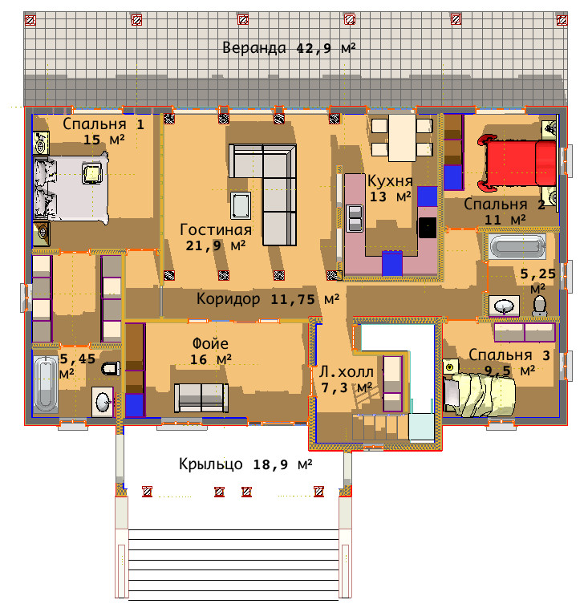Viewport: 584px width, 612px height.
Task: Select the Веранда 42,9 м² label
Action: [x=289, y=48]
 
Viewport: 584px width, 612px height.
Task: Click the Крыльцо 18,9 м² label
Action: [x=245, y=464]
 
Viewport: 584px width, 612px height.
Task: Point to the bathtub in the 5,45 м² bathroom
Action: [x=45, y=384]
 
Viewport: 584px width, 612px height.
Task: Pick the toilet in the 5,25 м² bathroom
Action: [x=540, y=306]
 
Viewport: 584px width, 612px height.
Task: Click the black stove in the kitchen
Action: [x=428, y=228]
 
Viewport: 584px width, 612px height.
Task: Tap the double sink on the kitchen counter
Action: [x=355, y=218]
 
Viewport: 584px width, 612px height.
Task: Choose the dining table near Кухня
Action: [x=402, y=138]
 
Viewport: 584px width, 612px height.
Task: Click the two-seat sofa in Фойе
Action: [x=201, y=397]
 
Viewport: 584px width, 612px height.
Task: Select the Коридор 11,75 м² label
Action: [x=268, y=299]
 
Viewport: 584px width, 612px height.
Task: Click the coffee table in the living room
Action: [x=240, y=205]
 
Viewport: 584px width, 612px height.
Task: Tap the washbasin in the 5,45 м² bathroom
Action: [x=103, y=402]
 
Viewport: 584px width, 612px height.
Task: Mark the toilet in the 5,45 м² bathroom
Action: [x=111, y=368]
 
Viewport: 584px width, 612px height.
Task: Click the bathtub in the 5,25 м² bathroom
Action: [x=517, y=246]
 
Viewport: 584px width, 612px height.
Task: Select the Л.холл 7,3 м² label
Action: [x=346, y=379]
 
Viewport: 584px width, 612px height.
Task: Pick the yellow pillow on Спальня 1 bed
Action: [x=92, y=174]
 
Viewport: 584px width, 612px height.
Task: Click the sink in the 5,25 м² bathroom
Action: [x=504, y=306]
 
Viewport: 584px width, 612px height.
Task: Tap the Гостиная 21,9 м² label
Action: [x=216, y=237]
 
